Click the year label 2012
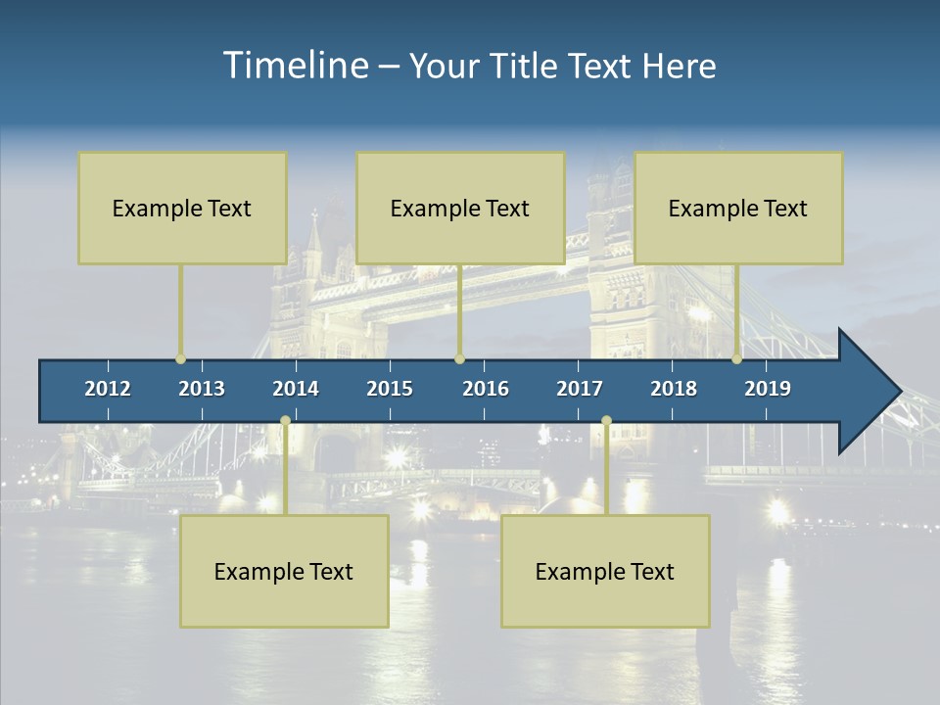click(x=108, y=389)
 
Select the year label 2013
click(x=202, y=389)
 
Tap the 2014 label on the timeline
click(x=296, y=389)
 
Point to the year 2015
click(x=390, y=389)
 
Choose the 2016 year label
click(x=486, y=389)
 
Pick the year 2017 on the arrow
click(x=580, y=389)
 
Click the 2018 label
click(x=674, y=389)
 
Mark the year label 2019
click(x=768, y=389)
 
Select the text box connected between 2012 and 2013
click(x=182, y=208)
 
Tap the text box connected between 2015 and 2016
click(x=460, y=208)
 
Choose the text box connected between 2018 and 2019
click(x=738, y=208)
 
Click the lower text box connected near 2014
click(x=284, y=571)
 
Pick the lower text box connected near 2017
click(x=605, y=571)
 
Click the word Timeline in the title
click(x=294, y=65)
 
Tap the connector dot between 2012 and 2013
click(x=180, y=359)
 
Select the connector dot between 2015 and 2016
click(x=459, y=359)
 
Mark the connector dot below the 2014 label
click(x=285, y=421)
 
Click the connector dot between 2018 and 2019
click(x=736, y=359)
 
